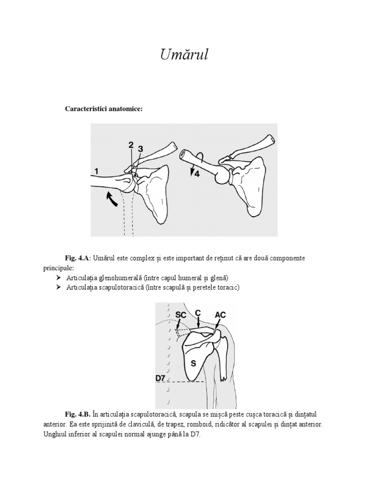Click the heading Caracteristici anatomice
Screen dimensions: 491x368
(103, 109)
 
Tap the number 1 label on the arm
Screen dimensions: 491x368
(96, 171)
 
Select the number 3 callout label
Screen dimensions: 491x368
(140, 149)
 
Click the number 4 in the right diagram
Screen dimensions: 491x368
(197, 175)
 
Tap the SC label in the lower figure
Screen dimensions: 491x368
(181, 314)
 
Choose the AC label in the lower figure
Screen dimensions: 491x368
(220, 315)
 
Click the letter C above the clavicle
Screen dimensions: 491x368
(197, 312)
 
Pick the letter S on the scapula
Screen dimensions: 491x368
(194, 363)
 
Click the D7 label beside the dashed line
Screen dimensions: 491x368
(161, 378)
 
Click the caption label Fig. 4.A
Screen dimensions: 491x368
(78, 258)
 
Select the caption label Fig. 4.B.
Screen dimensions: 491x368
(78, 414)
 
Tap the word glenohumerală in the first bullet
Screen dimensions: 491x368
(118, 278)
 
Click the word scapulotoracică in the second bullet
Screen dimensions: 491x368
(121, 288)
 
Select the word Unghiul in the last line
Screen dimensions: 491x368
(54, 435)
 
